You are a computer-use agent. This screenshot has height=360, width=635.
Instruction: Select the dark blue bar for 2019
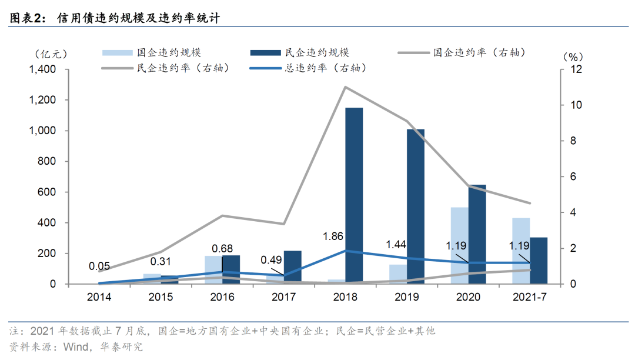click(415, 206)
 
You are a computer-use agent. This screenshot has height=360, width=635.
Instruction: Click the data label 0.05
click(99, 266)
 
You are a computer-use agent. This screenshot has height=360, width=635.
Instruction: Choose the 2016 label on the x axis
click(222, 297)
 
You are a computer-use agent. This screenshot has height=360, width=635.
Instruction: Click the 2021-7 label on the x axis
click(529, 297)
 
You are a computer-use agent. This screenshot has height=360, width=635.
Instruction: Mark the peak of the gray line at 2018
click(345, 87)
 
